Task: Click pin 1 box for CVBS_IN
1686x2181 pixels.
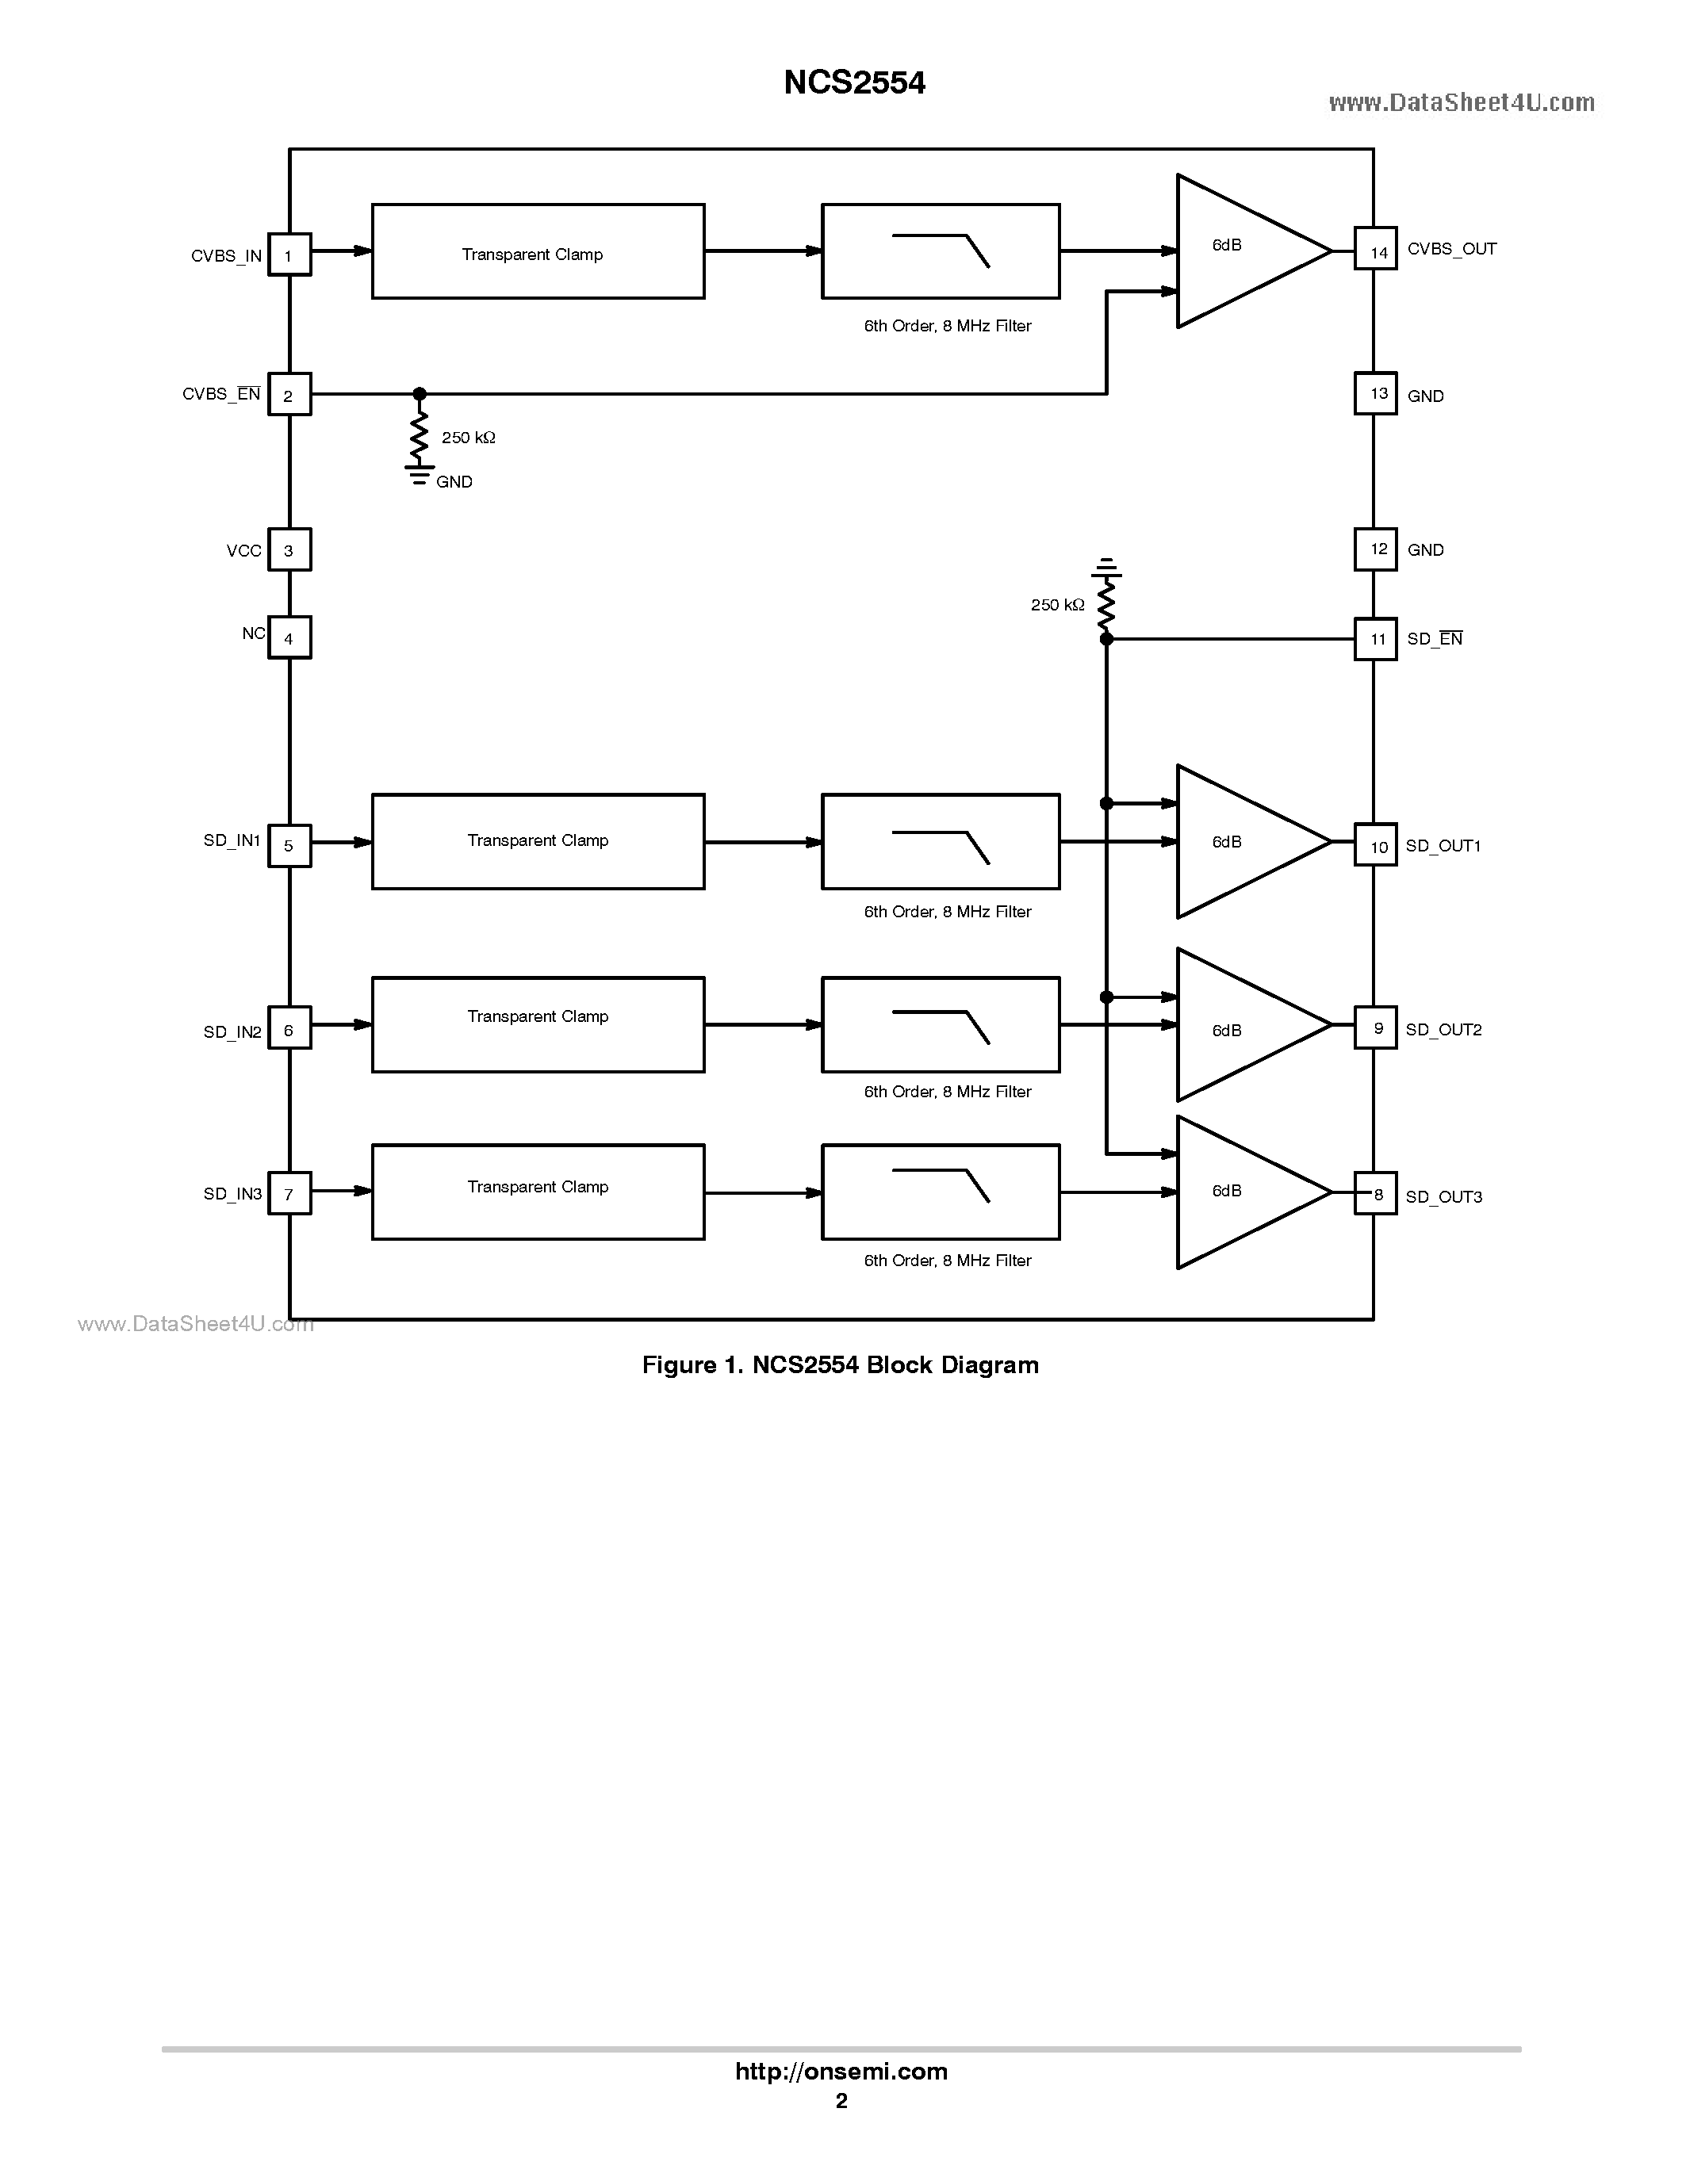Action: pos(289,254)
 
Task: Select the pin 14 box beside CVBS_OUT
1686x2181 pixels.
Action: pos(1375,249)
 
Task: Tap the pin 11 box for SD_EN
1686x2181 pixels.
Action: pos(1375,639)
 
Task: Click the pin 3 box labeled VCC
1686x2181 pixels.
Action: pos(289,549)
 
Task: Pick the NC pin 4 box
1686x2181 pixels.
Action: pos(289,637)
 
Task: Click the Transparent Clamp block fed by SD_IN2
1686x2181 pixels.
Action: pos(538,1024)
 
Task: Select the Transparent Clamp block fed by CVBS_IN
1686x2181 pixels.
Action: pos(538,251)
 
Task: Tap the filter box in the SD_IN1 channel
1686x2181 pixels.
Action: pos(940,842)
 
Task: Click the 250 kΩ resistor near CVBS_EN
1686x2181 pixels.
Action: pos(420,434)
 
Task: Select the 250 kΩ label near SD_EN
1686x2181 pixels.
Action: pos(1057,605)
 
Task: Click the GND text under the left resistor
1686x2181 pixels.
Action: pos(454,482)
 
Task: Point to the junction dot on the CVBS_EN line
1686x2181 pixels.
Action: pos(420,395)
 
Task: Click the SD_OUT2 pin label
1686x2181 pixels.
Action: pos(1443,1030)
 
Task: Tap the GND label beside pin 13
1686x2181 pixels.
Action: pos(1425,396)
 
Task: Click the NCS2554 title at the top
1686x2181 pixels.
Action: pos(854,83)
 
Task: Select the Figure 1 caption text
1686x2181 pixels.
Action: pos(840,1365)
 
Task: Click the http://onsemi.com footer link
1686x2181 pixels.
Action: pos(841,2071)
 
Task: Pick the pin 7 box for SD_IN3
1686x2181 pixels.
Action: pos(289,1193)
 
